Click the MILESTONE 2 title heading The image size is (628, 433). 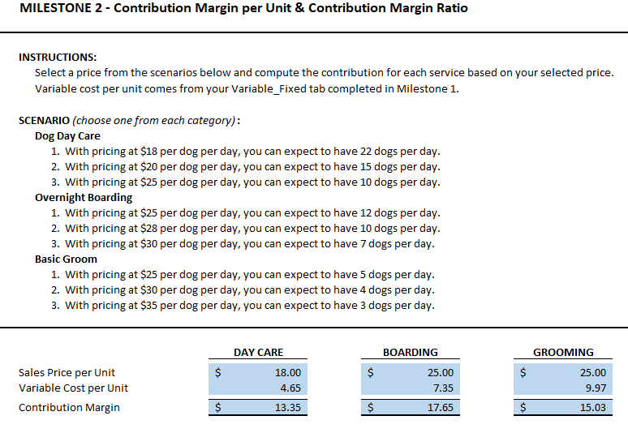(x=243, y=9)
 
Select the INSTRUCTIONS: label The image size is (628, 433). (x=58, y=57)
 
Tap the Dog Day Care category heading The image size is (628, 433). (x=67, y=135)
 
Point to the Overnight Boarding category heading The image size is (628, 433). (x=84, y=197)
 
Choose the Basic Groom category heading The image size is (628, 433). (x=66, y=259)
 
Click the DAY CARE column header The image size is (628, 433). (x=258, y=352)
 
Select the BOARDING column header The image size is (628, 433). (x=410, y=352)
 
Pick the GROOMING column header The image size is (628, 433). (x=563, y=352)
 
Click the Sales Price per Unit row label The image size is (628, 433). (x=67, y=372)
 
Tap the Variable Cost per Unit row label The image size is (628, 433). (x=73, y=388)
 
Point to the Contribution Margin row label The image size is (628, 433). (x=69, y=407)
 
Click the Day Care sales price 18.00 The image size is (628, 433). (x=287, y=372)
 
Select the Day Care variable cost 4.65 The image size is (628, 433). (x=290, y=388)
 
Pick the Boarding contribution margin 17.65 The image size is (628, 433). (x=440, y=407)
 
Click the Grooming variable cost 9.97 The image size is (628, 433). (x=595, y=388)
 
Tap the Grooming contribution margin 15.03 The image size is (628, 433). (x=592, y=407)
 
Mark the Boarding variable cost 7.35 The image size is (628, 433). (x=442, y=388)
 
